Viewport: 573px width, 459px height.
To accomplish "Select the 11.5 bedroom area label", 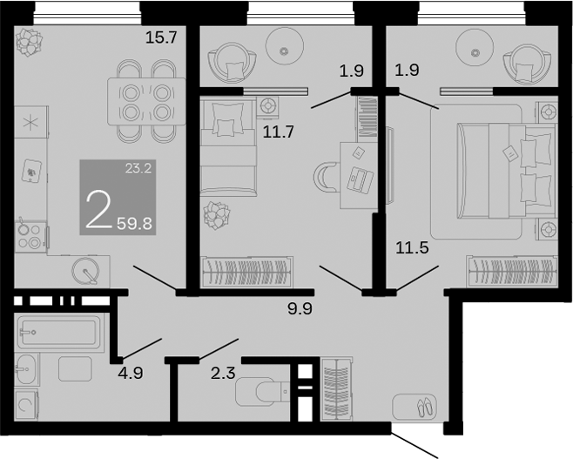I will point(413,247).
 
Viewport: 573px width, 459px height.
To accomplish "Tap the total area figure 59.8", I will point(134,222).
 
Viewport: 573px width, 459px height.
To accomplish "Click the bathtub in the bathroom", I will point(59,332).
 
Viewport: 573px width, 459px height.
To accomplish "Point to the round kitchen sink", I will point(87,271).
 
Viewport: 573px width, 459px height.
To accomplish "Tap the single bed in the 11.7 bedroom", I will point(228,149).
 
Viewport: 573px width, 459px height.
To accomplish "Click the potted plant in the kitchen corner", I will point(31,40).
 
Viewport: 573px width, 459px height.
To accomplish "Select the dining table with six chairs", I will point(145,100).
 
